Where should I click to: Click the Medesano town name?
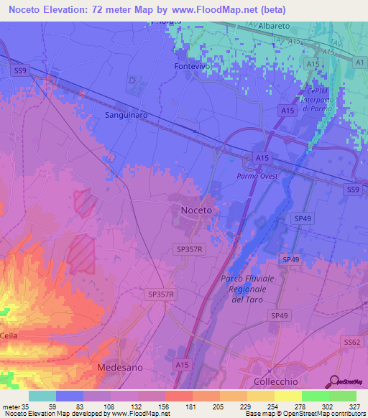point(120,367)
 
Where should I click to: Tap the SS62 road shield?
point(351,343)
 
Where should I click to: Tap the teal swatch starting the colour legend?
point(42,396)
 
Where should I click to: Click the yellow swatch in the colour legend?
point(287,396)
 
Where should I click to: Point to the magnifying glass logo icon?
point(334,381)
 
